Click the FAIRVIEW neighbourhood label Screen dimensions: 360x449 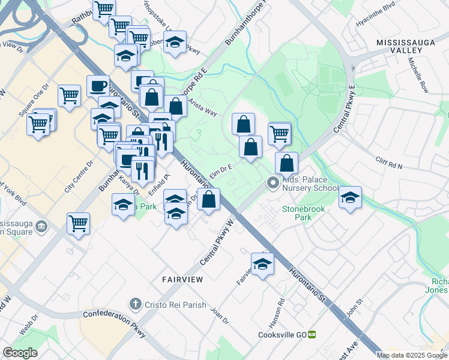pos(182,280)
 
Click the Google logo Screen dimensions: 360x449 pos(20,353)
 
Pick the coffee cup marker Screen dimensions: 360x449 pos(98,85)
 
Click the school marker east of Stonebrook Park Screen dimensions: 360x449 pos(350,197)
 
